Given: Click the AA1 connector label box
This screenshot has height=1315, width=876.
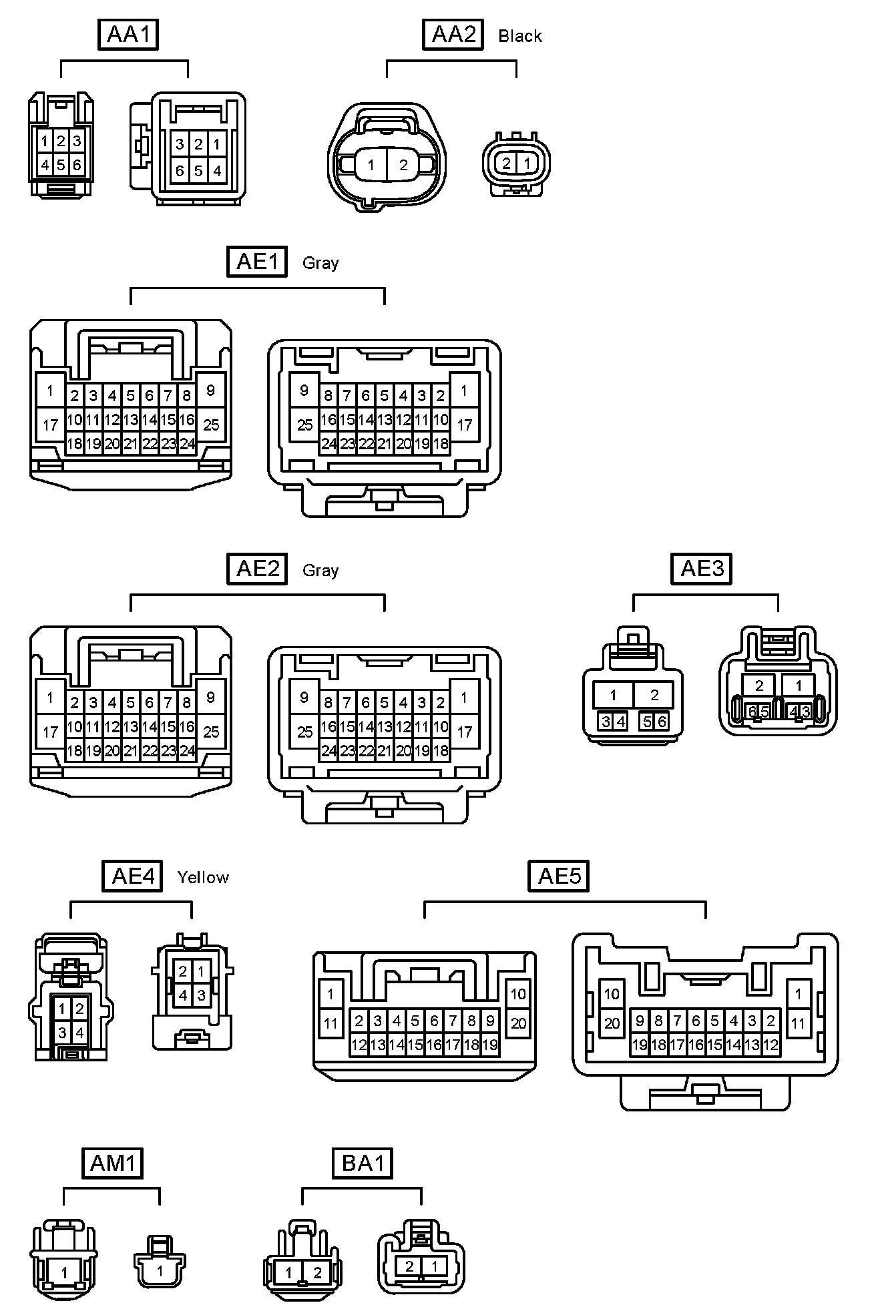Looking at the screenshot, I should point(129,35).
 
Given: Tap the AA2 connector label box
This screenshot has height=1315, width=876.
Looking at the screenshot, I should point(453,35).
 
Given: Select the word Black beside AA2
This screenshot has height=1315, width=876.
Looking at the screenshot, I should point(519,36).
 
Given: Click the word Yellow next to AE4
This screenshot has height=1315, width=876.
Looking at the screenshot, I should point(203,877).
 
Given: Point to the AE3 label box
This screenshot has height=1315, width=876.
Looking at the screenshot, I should point(701,569).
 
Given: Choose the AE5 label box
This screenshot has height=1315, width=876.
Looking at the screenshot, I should point(560,876).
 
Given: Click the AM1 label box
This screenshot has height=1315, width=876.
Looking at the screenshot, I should point(113,1163).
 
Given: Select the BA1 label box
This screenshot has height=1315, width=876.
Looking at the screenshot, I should point(363,1163).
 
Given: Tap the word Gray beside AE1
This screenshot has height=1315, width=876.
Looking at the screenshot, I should point(320,263).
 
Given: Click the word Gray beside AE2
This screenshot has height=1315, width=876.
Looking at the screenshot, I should point(320,571).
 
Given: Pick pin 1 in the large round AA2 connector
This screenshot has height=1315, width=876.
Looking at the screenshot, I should point(371,165).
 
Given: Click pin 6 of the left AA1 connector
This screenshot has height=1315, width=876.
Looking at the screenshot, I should point(77,165).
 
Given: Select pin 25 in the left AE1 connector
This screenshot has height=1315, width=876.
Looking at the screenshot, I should point(211,425).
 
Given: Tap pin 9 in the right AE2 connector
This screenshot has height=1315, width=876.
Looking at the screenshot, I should point(304,698).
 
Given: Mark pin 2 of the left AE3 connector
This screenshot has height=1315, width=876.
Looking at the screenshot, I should point(654,696).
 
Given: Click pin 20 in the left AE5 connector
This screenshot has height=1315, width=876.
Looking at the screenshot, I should point(519,1023).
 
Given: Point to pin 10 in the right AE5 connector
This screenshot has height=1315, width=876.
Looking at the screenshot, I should point(612,994).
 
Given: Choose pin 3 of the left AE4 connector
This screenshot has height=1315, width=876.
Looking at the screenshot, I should point(62,1033).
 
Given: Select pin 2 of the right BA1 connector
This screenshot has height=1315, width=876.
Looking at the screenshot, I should point(409,1266).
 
